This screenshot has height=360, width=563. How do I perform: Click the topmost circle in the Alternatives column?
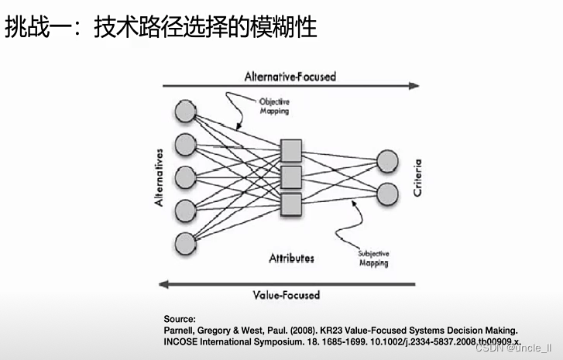tap(185, 111)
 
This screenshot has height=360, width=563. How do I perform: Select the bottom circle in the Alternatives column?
tap(185, 242)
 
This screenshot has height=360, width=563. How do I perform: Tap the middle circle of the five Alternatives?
tap(185, 177)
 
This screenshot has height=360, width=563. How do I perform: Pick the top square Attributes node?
tap(290, 149)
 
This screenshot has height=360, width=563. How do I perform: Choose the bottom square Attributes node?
tap(290, 204)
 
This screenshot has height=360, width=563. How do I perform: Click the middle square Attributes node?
tap(290, 177)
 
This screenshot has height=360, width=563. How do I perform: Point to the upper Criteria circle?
tap(387, 160)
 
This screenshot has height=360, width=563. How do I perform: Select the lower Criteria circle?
tap(387, 192)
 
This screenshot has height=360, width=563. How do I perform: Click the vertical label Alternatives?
tap(159, 177)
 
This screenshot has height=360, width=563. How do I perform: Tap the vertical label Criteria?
tap(418, 177)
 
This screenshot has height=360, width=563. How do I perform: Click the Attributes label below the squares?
tap(291, 258)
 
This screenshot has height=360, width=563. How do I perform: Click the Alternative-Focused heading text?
tap(290, 77)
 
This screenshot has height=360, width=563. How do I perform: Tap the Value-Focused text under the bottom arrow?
tap(286, 295)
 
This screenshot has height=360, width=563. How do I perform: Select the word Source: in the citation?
tap(180, 319)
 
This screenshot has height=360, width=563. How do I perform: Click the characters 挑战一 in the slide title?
tap(33, 29)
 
